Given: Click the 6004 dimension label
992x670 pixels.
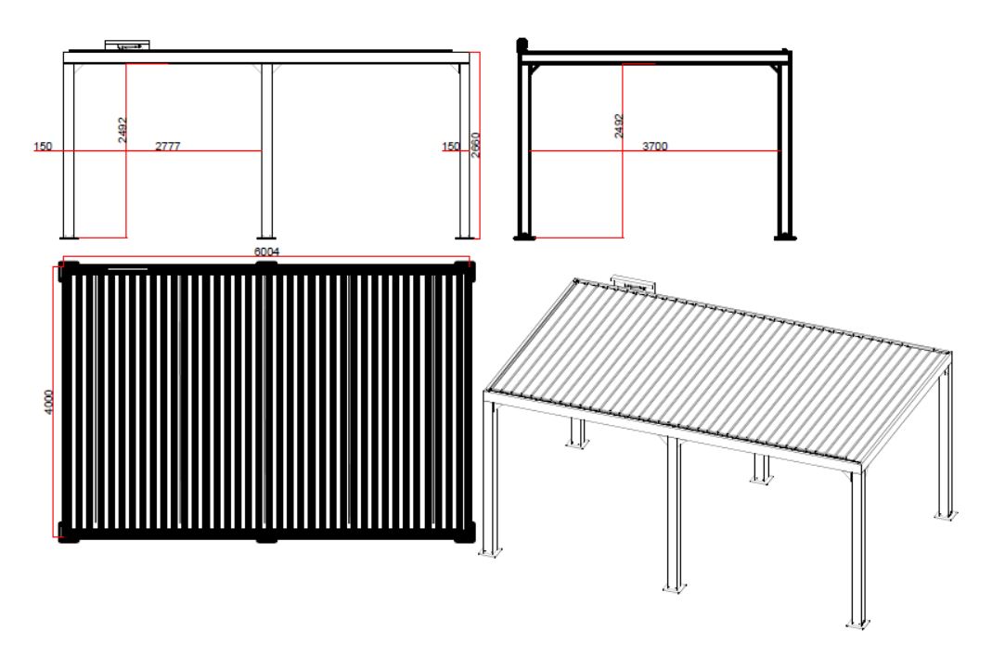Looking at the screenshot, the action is point(267,251).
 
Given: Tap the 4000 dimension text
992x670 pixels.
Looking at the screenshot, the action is point(48,403).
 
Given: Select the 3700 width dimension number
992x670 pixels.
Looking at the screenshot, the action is point(655,146).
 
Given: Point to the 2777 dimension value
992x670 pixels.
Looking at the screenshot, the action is point(168,146).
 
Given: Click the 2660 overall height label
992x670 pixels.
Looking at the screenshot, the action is point(476,144).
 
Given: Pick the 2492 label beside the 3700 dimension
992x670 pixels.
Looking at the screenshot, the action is point(619,126).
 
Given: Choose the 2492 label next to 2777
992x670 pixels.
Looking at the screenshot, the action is point(122,130).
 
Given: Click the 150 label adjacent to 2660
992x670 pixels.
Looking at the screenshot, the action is point(450,146).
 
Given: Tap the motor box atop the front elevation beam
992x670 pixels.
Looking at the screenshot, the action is point(128,45).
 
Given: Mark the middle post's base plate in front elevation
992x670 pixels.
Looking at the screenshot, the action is point(266,237).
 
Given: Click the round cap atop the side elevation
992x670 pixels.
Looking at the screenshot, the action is point(522,45).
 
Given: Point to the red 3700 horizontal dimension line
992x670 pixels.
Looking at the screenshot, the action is point(655,151).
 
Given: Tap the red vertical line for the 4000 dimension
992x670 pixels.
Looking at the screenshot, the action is point(54,403).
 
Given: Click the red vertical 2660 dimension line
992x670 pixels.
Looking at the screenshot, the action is point(480,145).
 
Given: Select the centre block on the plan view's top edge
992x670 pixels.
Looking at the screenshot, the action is point(266,267).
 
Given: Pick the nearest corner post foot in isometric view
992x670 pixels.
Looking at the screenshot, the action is point(858,625).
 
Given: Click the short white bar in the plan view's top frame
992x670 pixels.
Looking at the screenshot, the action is point(128,269).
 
